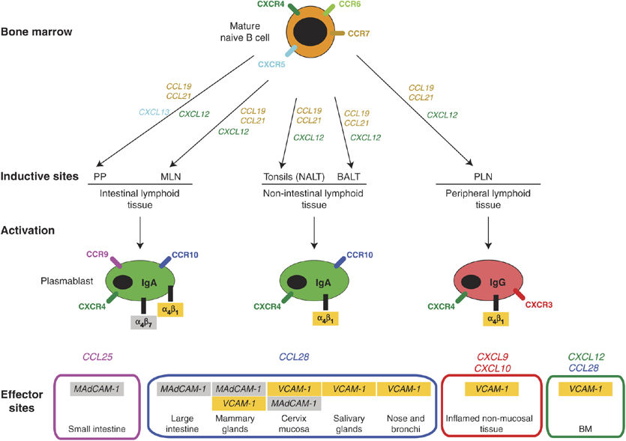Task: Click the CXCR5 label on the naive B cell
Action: [x=272, y=65]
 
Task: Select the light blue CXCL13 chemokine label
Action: [x=154, y=112]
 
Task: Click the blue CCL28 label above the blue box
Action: [x=296, y=357]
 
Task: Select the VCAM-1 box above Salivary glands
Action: [x=349, y=389]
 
